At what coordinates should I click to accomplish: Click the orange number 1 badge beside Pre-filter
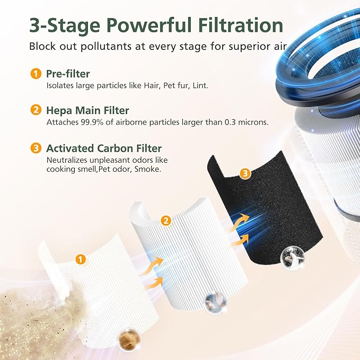coord(36,74)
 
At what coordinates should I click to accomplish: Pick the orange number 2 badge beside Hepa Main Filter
coord(36,110)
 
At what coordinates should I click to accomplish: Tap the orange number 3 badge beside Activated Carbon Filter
coord(36,148)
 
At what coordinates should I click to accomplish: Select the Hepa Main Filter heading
coord(87,110)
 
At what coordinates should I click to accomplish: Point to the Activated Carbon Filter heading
coord(104,148)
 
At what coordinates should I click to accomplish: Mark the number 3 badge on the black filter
coord(244,173)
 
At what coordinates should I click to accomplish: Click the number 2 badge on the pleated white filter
coord(166,220)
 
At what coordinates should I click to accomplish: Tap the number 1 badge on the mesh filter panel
coord(80,259)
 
